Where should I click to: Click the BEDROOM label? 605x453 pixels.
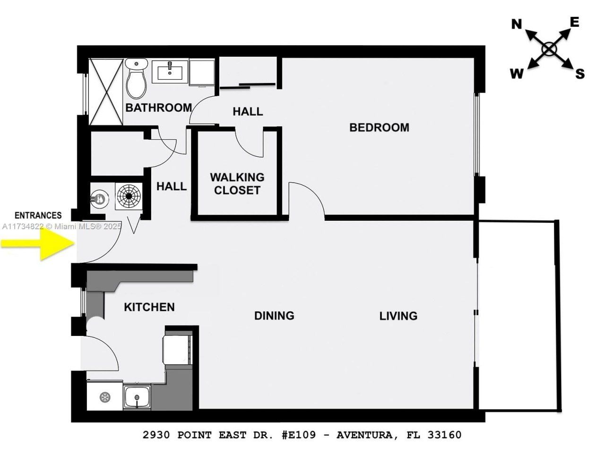point(379,127)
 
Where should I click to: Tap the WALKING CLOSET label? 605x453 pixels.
point(237,184)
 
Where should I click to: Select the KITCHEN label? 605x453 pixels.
point(149,307)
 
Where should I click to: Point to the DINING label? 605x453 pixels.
point(274,316)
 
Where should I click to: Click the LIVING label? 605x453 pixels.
point(398,316)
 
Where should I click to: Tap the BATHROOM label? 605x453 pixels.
point(158,108)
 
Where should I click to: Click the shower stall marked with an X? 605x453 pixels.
point(106,92)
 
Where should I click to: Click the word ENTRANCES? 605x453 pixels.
point(38,216)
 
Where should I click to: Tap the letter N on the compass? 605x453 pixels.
point(517,25)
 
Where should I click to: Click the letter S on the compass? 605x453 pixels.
point(579,74)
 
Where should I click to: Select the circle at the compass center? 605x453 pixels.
point(549,49)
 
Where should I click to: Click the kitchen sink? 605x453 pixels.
point(137,397)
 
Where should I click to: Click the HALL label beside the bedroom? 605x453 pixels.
point(248,112)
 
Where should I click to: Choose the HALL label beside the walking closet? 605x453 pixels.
point(172,186)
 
